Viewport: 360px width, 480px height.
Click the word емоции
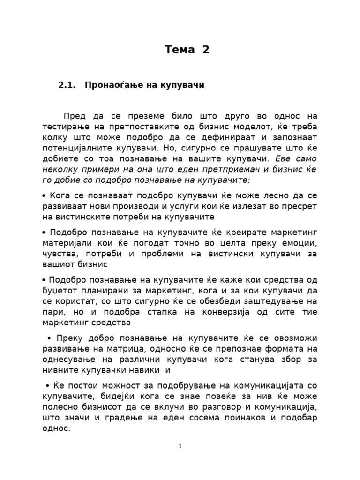point(300,244)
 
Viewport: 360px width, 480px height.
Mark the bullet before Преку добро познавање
point(49,338)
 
